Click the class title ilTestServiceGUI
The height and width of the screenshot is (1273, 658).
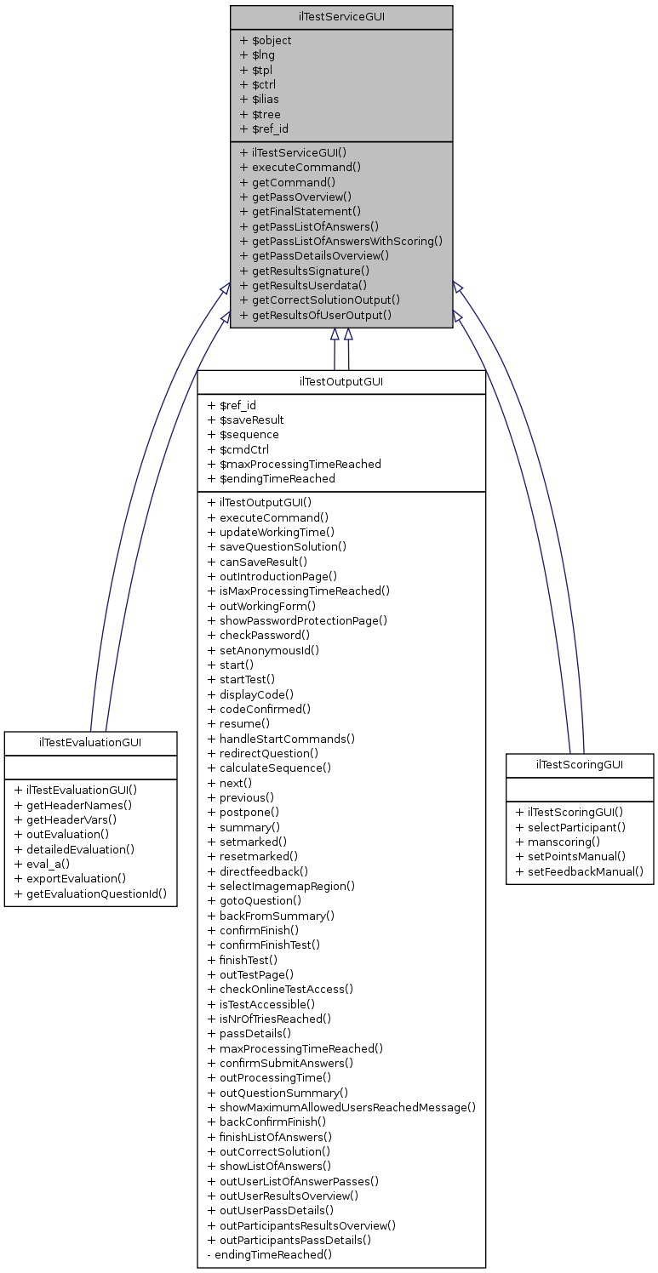coord(341,16)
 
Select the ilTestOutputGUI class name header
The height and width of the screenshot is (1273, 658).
coord(341,381)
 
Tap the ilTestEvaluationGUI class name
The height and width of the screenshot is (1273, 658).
coord(90,742)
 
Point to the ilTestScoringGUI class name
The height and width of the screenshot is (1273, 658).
coord(580,764)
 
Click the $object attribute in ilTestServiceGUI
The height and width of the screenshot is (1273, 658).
coord(266,40)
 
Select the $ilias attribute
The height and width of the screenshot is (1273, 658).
coord(260,100)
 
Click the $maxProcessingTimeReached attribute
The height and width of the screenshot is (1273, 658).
coord(295,464)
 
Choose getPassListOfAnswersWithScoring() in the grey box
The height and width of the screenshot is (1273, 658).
coord(341,241)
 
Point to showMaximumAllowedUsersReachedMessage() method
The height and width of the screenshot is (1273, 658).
coord(341,1107)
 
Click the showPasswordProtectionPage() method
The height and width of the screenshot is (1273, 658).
coord(298,620)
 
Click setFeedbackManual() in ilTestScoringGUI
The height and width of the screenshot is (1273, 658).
coord(580,871)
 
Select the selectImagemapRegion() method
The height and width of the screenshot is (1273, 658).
coord(282,886)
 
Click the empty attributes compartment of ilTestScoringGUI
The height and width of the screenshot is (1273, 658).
coord(580,790)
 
